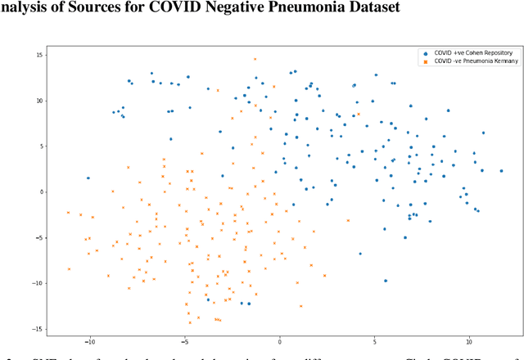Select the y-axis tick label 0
pyautogui.click(x=42, y=192)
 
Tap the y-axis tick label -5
pyautogui.click(x=39, y=238)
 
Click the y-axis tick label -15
pyautogui.click(x=38, y=329)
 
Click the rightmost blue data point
pyautogui.click(x=501, y=171)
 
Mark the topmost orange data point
pyautogui.click(x=255, y=59)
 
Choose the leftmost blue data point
pyautogui.click(x=88, y=178)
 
